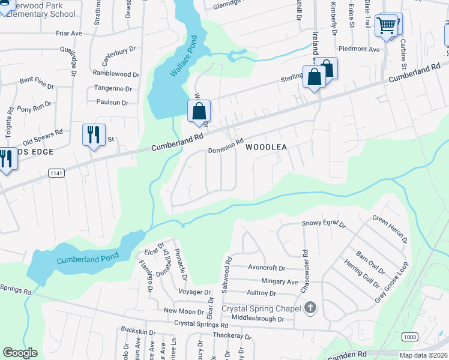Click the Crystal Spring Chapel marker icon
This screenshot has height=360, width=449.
click(x=310, y=308)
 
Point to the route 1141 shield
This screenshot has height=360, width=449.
click(x=56, y=172)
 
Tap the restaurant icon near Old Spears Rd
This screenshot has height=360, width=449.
click(x=94, y=134)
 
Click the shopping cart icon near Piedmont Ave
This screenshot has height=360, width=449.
click(x=387, y=26)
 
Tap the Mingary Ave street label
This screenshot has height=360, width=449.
click(x=279, y=281)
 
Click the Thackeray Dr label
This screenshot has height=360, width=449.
click(x=231, y=336)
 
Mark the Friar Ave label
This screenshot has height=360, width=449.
click(x=68, y=34)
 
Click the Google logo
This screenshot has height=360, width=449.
click(x=20, y=353)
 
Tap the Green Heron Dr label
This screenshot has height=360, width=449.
click(x=390, y=230)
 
